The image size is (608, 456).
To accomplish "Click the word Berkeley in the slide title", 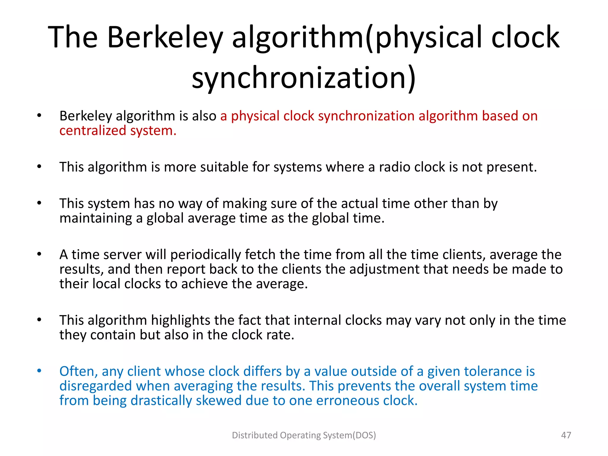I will tap(165, 38).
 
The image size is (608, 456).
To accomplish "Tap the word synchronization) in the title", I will tap(304, 78).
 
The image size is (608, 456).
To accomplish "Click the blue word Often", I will tap(78, 372).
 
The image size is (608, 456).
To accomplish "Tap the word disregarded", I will tap(95, 386).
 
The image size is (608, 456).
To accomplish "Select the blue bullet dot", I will tap(39, 371).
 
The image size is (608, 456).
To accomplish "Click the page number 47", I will tap(566, 435).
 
